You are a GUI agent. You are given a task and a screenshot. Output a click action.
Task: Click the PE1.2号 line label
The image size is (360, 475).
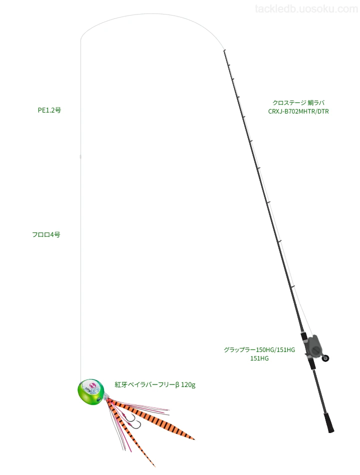[49, 110]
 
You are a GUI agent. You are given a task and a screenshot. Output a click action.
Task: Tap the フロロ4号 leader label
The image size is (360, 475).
[46, 234]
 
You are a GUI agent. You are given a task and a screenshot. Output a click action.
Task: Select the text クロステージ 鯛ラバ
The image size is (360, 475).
[298, 102]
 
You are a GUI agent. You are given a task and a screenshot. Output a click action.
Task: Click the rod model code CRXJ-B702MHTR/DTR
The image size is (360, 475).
[298, 111]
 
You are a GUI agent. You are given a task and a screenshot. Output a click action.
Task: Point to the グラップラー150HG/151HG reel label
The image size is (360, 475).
[259, 350]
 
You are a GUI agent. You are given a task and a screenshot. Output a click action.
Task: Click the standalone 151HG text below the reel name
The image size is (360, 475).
[259, 358]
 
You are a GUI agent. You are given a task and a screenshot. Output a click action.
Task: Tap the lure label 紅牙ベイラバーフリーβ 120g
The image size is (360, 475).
[155, 384]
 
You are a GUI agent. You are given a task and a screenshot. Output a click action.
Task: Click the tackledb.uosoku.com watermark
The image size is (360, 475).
[306, 9]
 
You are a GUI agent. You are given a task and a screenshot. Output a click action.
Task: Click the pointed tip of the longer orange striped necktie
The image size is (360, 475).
[194, 439]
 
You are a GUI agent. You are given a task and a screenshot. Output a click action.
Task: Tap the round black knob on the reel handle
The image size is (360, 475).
[326, 358]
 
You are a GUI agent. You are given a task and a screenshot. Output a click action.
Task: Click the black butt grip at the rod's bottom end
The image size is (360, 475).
[329, 422]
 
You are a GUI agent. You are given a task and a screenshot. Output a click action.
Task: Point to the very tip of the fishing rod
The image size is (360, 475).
[224, 50]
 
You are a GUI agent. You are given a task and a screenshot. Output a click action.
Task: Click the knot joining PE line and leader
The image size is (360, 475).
[80, 157]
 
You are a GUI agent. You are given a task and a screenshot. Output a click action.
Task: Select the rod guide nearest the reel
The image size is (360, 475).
[293, 286]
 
